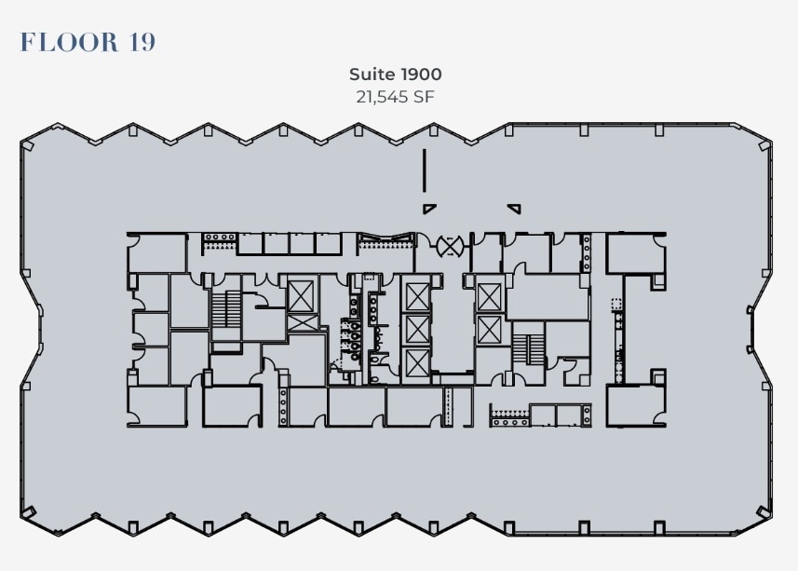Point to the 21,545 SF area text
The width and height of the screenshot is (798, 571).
pos(396,95)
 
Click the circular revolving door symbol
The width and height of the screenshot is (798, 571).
pos(451,247)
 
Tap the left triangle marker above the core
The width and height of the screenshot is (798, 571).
pos(429,208)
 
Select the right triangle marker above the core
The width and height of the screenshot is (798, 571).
pos(513,208)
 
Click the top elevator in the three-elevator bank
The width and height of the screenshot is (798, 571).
pos(415,296)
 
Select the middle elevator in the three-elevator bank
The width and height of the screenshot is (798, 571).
pos(415,329)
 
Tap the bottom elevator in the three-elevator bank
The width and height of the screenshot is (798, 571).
pos(415,363)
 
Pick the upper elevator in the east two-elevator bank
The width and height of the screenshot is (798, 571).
pos(489,296)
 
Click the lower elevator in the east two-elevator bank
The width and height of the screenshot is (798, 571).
pos(489,329)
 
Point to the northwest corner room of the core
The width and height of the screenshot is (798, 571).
pos(156,252)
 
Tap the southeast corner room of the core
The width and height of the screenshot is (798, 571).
pos(635,405)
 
